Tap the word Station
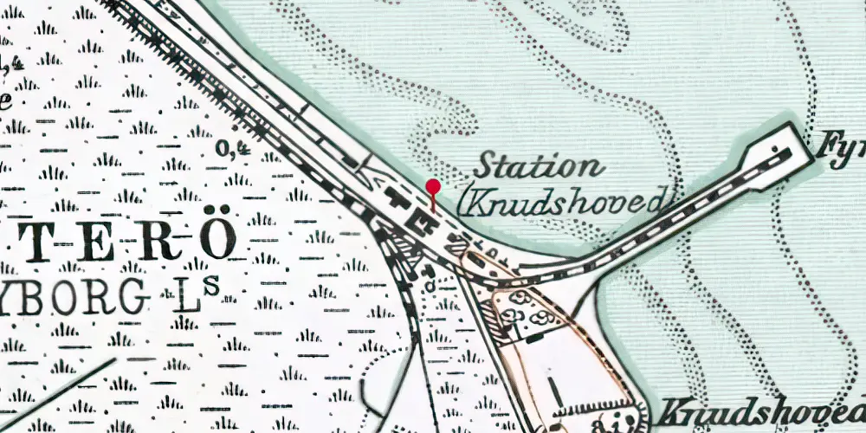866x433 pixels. pyautogui.click(x=537, y=166)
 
